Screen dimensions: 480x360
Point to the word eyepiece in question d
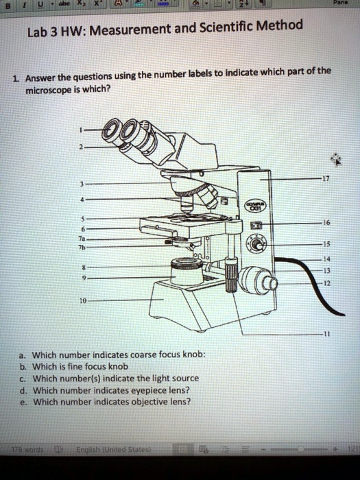(x=147, y=389)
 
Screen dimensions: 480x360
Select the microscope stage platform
(x=178, y=224)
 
